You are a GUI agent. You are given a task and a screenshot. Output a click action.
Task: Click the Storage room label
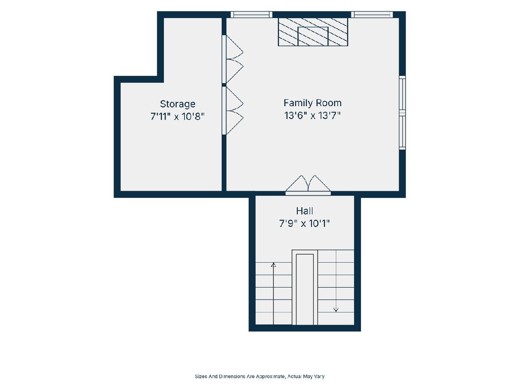tap(177, 104)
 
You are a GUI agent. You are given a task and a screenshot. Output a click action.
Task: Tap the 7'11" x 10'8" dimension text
tap(177, 117)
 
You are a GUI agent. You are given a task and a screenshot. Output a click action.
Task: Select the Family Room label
tap(312, 103)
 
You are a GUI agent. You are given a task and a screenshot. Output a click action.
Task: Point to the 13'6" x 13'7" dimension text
tap(312, 116)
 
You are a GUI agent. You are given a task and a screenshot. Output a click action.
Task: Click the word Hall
tap(305, 211)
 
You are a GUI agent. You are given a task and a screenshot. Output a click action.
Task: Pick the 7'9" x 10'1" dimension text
tap(305, 223)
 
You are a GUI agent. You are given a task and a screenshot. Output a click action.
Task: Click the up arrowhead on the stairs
tap(273, 265)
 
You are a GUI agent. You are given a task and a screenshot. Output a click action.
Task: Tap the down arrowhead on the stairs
tap(336, 309)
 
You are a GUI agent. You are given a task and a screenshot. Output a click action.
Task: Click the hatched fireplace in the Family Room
tap(313, 32)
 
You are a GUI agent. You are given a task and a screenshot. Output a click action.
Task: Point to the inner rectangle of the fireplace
tap(313, 36)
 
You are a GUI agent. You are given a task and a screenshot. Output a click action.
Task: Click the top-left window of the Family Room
tap(251, 14)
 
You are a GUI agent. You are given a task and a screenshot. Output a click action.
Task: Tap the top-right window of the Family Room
tap(372, 14)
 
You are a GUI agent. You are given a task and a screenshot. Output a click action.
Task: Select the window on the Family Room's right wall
tap(403, 113)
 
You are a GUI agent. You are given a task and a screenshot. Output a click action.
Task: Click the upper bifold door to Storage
tap(232, 59)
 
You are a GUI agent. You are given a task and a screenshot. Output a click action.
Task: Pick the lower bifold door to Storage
tap(232, 110)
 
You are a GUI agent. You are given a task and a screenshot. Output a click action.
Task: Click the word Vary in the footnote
tap(320, 376)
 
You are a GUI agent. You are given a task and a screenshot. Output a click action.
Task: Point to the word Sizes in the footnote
tap(201, 376)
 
